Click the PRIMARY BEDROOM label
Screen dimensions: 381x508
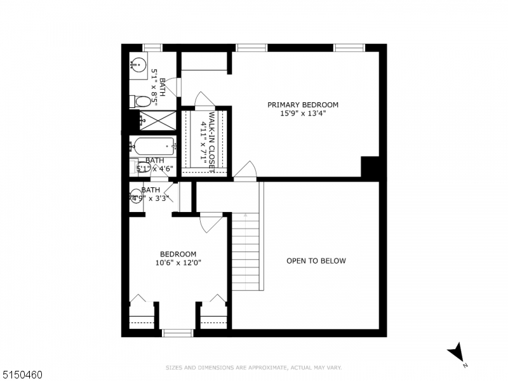pyautogui.click(x=302, y=105)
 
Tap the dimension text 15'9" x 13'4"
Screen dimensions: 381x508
pyautogui.click(x=302, y=114)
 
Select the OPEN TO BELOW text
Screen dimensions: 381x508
pyautogui.click(x=316, y=260)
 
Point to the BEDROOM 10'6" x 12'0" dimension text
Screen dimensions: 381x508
pyautogui.click(x=178, y=262)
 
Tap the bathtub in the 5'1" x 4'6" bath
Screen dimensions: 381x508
pyautogui.click(x=152, y=146)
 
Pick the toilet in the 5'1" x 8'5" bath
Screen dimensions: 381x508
pyautogui.click(x=142, y=101)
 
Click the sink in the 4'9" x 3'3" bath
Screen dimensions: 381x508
pyautogui.click(x=136, y=197)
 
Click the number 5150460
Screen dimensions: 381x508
pyautogui.click(x=22, y=375)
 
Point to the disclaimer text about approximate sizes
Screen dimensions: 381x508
pyautogui.click(x=254, y=367)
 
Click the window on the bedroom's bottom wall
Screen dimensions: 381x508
pyautogui.click(x=177, y=333)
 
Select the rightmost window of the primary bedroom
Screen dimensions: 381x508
pyautogui.click(x=349, y=48)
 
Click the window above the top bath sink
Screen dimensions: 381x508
pyautogui.click(x=152, y=48)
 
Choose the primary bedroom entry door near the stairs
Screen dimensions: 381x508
pyautogui.click(x=245, y=170)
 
